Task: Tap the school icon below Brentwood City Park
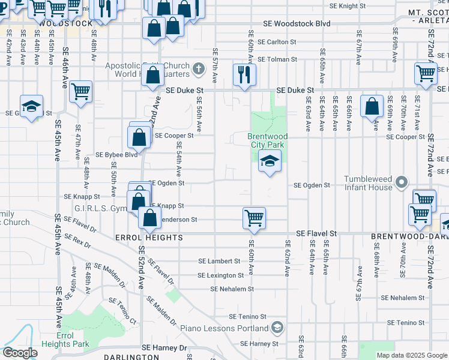click(x=270, y=161)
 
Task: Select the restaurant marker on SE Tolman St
click(x=244, y=74)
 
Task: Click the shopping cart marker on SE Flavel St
click(x=254, y=218)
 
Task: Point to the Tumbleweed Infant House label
click(x=367, y=184)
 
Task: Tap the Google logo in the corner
click(x=20, y=353)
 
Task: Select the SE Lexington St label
click(x=221, y=275)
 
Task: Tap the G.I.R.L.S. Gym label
click(x=97, y=208)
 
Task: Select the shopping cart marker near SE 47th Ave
click(x=80, y=92)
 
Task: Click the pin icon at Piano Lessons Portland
click(x=277, y=328)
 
